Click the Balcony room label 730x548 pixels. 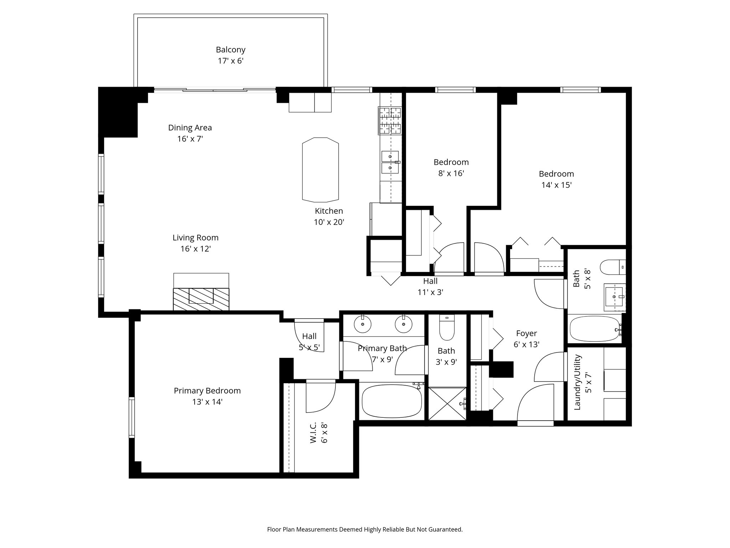pyautogui.click(x=231, y=50)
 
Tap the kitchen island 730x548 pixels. pyautogui.click(x=320, y=169)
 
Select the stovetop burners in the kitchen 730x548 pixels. pyautogui.click(x=390, y=121)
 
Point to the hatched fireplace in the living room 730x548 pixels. pyautogui.click(x=201, y=299)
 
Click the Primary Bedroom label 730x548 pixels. pyautogui.click(x=207, y=391)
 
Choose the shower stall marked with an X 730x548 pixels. pyautogui.click(x=447, y=404)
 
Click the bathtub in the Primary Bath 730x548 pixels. pyautogui.click(x=392, y=401)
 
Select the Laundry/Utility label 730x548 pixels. pyautogui.click(x=578, y=382)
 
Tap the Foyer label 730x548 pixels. pyautogui.click(x=526, y=333)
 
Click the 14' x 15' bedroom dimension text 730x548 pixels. pyautogui.click(x=556, y=185)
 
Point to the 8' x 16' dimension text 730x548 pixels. pyautogui.click(x=451, y=173)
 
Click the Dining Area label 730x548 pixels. pyautogui.click(x=190, y=127)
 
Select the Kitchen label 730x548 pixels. pyautogui.click(x=329, y=211)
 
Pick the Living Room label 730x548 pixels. pyautogui.click(x=195, y=238)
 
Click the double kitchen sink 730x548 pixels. pyautogui.click(x=390, y=162)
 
